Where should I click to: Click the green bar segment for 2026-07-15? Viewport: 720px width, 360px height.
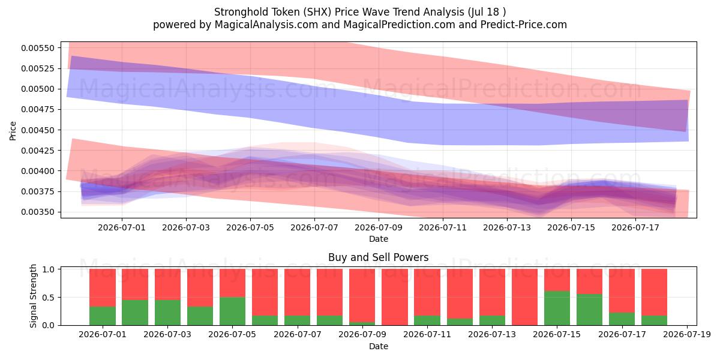point(557,308)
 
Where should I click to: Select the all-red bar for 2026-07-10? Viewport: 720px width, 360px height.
point(395,297)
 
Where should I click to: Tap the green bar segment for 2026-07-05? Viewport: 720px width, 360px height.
point(232,311)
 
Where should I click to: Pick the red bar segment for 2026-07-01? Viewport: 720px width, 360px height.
point(103,287)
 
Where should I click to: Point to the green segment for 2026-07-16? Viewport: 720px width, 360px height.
point(589,310)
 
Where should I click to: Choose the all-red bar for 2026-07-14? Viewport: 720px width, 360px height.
point(524,297)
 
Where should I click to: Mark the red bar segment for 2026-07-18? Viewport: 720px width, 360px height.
point(655,292)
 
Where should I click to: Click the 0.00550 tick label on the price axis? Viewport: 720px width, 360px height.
point(38,48)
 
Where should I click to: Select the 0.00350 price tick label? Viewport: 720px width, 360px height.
point(38,212)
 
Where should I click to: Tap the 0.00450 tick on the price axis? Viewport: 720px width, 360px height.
point(38,130)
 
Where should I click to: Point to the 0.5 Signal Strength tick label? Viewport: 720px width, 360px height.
point(49,298)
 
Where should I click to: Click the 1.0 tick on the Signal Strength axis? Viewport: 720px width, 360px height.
point(49,269)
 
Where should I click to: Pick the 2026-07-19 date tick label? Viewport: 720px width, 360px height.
point(687,335)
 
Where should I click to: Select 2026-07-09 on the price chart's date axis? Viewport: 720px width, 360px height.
point(379,227)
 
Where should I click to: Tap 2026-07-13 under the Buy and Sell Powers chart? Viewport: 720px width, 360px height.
point(492,335)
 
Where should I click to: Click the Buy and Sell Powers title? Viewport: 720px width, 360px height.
point(379,257)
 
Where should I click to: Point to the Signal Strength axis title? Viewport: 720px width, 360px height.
point(33,296)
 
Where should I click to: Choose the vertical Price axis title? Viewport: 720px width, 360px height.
point(13,131)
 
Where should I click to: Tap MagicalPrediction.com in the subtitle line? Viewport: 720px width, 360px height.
point(399,25)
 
